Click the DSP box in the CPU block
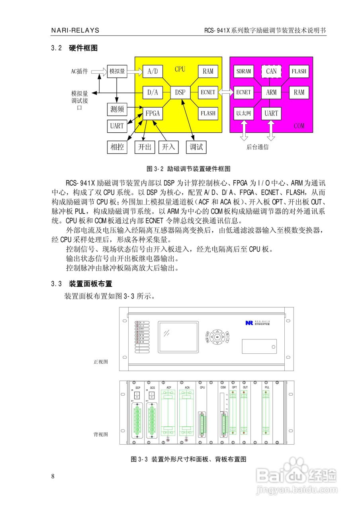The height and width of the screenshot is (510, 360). point(180,92)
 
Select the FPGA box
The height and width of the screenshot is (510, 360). point(153,113)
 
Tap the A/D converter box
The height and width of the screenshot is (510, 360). point(153,72)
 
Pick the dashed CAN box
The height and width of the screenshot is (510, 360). point(271,72)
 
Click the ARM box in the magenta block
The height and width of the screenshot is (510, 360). point(271,92)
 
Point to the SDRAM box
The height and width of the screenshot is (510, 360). point(244,72)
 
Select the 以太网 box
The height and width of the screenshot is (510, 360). point(244,113)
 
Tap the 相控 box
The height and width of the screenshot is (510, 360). point(117,147)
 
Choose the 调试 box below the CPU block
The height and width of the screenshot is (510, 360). point(196,147)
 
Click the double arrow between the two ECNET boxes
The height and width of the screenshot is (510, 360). point(226,92)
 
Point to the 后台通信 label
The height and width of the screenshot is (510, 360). point(257,147)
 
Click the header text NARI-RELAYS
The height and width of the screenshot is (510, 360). point(75,31)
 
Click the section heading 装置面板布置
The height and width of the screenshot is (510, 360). point(90,284)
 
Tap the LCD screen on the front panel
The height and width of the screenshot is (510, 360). point(178,337)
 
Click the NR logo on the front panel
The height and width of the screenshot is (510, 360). point(249,323)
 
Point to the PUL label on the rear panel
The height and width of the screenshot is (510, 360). point(267,387)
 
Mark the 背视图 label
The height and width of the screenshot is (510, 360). point(101,434)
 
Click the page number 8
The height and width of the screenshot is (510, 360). point(53,477)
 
